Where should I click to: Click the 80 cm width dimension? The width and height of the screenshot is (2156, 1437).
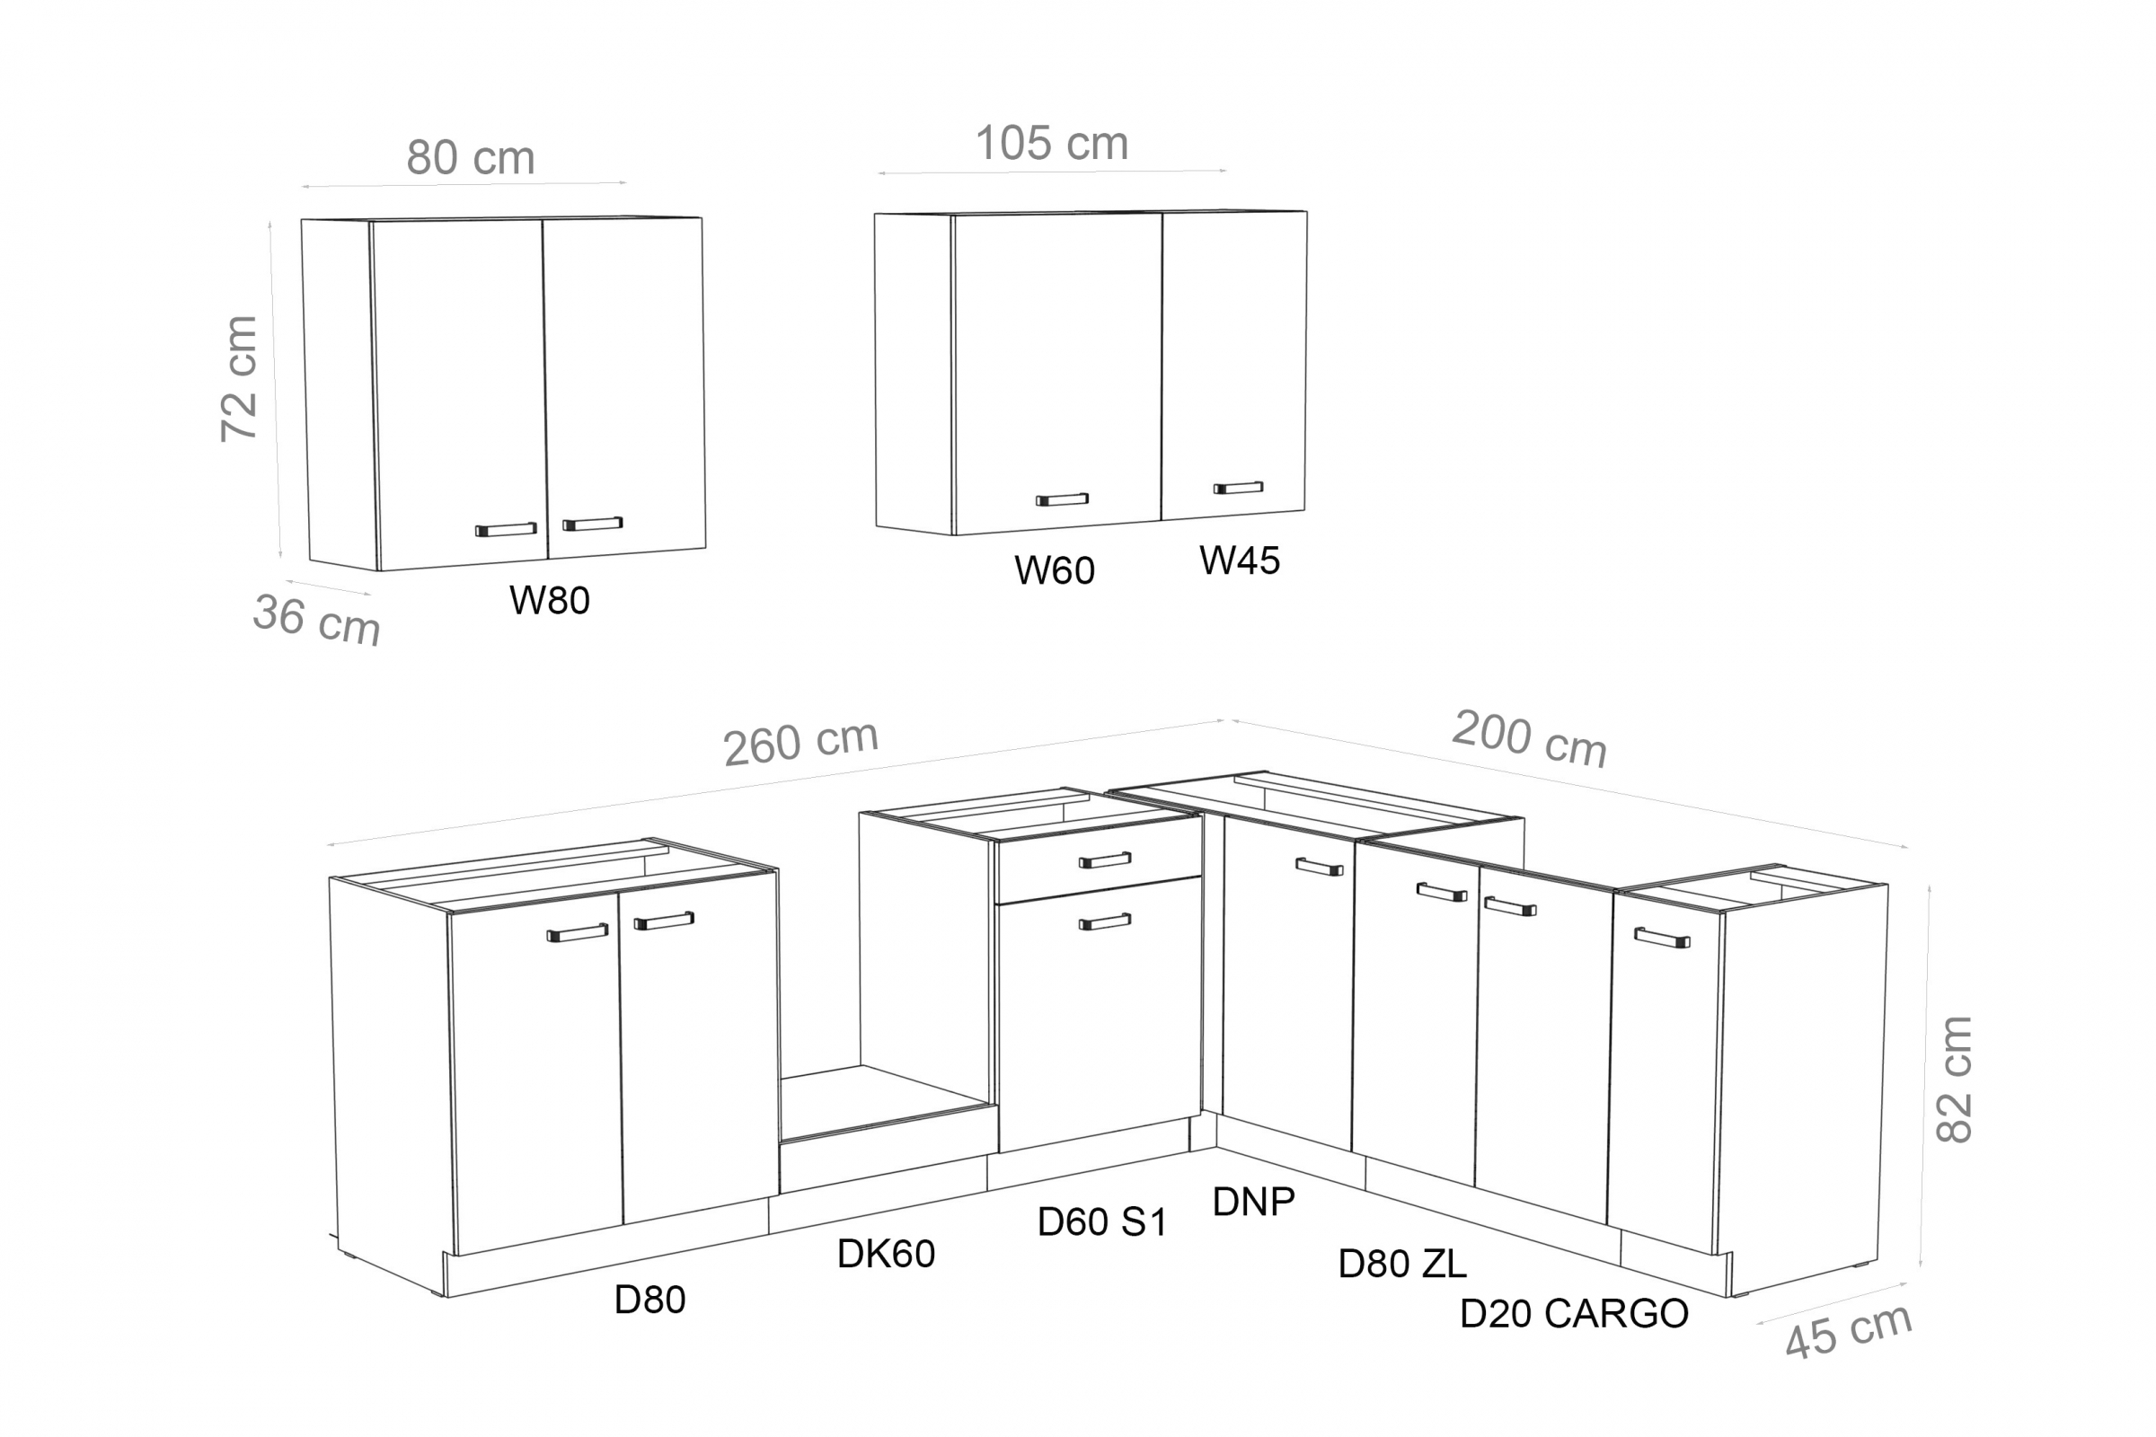pyautogui.click(x=470, y=158)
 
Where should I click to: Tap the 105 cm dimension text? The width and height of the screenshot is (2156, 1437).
pyautogui.click(x=1051, y=143)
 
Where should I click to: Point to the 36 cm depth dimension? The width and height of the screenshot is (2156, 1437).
pyautogui.click(x=316, y=620)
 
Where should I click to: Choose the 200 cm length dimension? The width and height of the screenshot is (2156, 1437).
pyautogui.click(x=1530, y=738)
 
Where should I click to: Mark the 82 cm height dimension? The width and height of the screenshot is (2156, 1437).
pyautogui.click(x=1953, y=1080)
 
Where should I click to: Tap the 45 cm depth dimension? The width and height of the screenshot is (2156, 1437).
pyautogui.click(x=1849, y=1331)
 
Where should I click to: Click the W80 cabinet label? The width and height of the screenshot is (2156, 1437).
pyautogui.click(x=549, y=600)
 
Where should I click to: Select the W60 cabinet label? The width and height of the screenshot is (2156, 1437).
pyautogui.click(x=1054, y=570)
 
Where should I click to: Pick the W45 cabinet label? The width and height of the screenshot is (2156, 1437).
pyautogui.click(x=1240, y=560)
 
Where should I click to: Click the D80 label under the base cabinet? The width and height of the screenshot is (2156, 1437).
pyautogui.click(x=649, y=1300)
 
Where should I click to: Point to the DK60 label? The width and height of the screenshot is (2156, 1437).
pyautogui.click(x=886, y=1254)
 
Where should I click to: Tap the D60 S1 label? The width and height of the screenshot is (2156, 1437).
pyautogui.click(x=1102, y=1221)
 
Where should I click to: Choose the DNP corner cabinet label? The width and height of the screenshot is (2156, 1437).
pyautogui.click(x=1253, y=1202)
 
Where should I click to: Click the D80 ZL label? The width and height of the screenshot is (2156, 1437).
pyautogui.click(x=1402, y=1264)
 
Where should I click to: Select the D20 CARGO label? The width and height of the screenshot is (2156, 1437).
pyautogui.click(x=1574, y=1314)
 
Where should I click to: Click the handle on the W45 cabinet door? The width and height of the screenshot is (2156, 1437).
pyautogui.click(x=1239, y=488)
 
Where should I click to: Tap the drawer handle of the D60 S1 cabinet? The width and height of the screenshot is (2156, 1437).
pyautogui.click(x=1105, y=860)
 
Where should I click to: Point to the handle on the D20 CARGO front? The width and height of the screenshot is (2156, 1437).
pyautogui.click(x=1662, y=939)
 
